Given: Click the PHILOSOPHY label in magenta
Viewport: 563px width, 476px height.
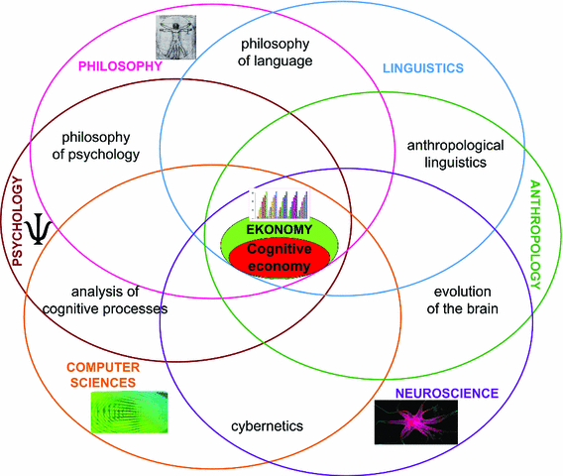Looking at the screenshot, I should tap(119, 66).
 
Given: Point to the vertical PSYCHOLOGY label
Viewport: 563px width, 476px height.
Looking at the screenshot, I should tap(17, 220).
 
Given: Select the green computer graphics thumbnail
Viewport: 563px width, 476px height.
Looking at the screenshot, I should tap(128, 412).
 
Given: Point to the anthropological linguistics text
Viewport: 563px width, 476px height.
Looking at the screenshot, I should tap(455, 154).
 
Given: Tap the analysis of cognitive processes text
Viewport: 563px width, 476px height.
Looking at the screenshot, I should tap(104, 299).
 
